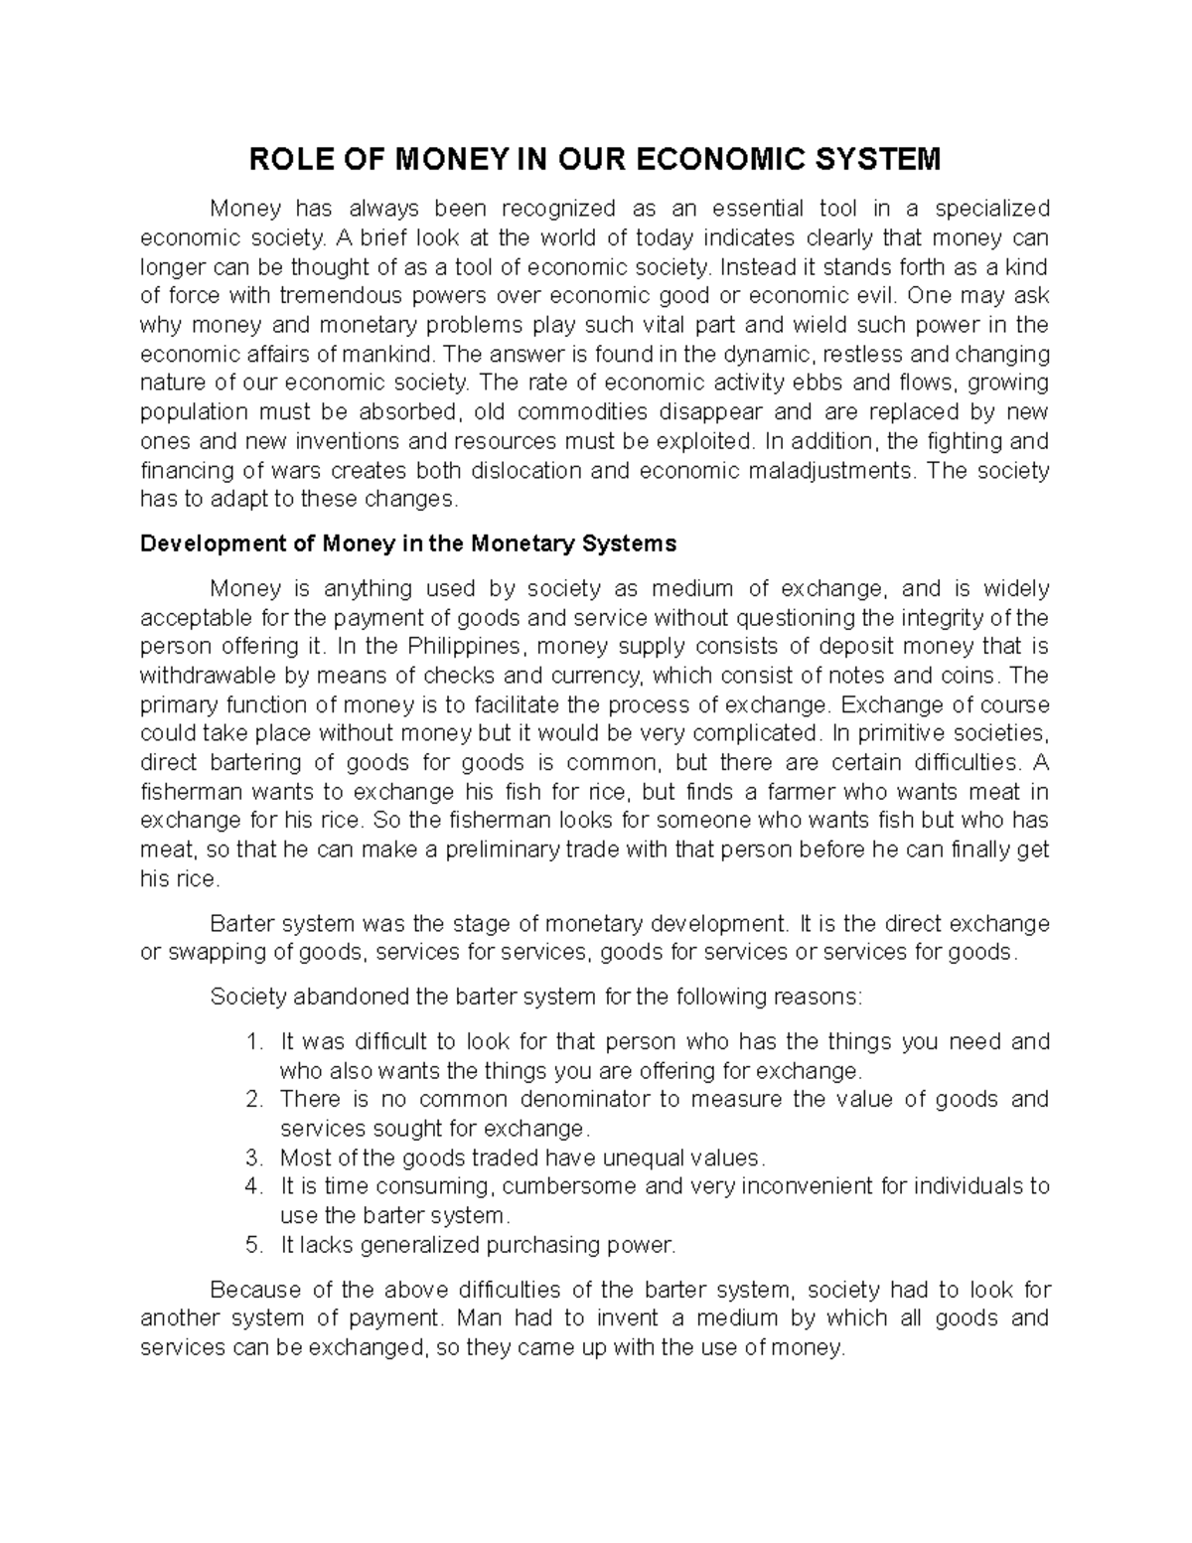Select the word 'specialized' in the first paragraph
pyautogui.click(x=991, y=209)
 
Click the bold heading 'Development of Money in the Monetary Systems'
pyautogui.click(x=408, y=544)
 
